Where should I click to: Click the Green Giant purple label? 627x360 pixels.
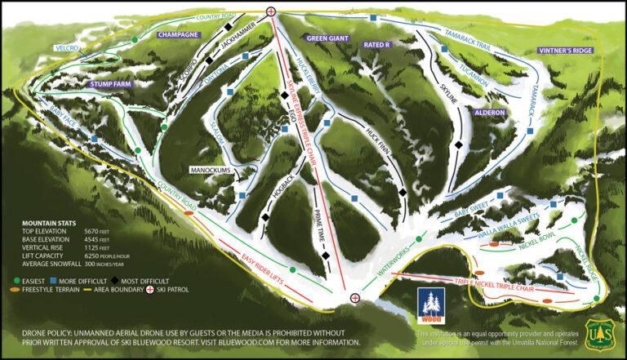tap(327, 38)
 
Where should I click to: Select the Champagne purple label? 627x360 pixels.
tap(177, 35)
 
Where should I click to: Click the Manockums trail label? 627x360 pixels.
tap(211, 170)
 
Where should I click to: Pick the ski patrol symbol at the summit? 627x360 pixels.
tap(271, 11)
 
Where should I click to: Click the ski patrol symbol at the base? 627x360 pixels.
tap(355, 298)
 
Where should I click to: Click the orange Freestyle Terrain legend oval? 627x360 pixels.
tap(17, 290)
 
